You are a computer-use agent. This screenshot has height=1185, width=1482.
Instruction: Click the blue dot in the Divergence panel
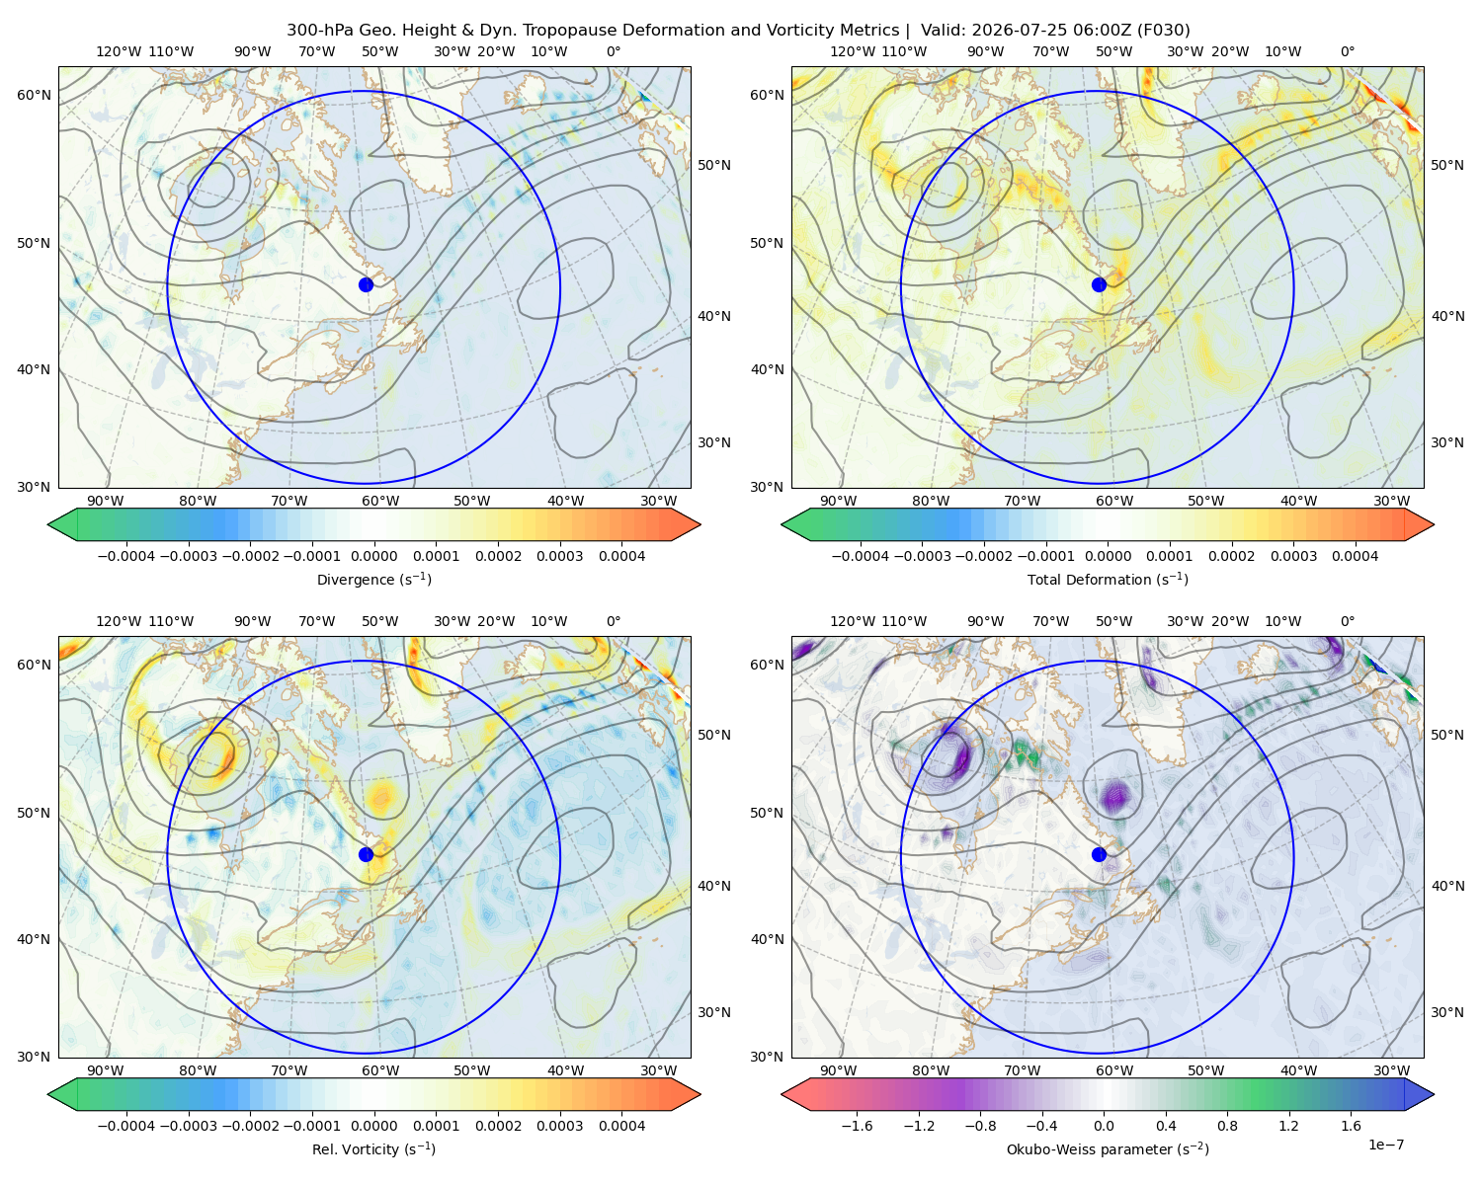coord(366,284)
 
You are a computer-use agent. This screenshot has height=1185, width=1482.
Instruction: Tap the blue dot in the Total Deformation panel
coord(1099,284)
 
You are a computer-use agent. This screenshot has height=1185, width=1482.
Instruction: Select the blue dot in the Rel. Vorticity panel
coord(366,854)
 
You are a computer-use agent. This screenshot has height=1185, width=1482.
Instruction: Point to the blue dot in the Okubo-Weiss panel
coord(1099,854)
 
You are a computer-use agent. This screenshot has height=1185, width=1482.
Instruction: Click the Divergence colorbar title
coord(373,580)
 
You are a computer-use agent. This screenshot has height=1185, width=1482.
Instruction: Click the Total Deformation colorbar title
coord(1108,580)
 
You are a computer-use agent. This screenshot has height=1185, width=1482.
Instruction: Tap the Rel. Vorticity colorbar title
coord(373,1149)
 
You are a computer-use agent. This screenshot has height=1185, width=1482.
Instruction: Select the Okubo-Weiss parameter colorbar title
coord(1108,1149)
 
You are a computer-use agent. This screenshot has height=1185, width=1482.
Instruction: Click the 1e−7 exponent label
coord(1385,1145)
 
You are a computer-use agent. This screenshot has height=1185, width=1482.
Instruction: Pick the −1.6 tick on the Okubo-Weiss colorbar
coord(857,1126)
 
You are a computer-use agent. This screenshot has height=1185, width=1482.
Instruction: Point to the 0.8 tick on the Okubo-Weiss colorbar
coord(1227,1126)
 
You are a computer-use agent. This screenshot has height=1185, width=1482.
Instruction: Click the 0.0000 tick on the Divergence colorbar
coord(373,556)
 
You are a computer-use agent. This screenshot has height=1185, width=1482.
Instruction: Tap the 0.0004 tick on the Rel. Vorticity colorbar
coord(621,1126)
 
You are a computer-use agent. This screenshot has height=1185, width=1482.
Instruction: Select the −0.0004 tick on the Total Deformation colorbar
coord(861,556)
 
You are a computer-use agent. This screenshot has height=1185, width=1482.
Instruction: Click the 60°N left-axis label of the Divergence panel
coord(34,95)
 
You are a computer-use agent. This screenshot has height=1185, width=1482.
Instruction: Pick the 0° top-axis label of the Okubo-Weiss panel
coord(1347,621)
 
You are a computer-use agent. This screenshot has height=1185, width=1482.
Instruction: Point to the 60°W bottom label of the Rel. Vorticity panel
coord(380,1070)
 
